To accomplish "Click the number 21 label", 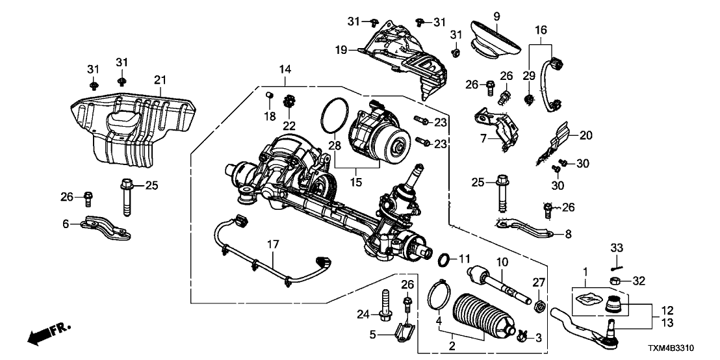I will click(x=160, y=80).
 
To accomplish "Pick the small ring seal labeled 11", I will click(x=444, y=260).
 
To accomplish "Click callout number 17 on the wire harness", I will click(x=273, y=245).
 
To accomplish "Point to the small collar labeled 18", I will click(x=266, y=97).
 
